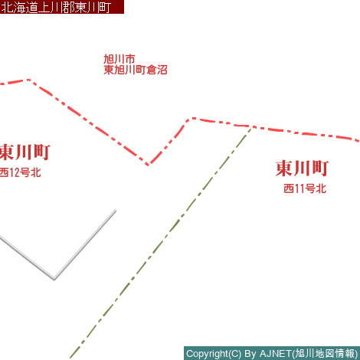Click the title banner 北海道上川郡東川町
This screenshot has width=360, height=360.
(62, 7)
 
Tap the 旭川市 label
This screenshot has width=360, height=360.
(119, 59)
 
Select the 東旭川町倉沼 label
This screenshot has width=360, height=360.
(136, 70)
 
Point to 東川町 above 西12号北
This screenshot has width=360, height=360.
(25, 152)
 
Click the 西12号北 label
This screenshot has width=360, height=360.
(20, 172)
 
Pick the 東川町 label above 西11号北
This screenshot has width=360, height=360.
(302, 169)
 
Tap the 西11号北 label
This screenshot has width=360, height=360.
(305, 188)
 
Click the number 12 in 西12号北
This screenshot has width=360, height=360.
(15, 172)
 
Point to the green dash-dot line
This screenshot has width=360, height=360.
(161, 244)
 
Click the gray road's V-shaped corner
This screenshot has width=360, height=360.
(54, 279)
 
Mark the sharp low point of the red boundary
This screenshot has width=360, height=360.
(148, 165)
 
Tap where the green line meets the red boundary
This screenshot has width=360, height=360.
(251, 127)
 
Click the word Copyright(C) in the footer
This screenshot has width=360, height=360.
(214, 354)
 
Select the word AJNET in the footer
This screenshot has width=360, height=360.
(276, 354)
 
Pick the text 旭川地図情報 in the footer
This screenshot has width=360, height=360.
(325, 354)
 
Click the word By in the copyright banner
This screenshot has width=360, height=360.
(250, 354)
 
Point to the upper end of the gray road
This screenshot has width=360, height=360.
(116, 211)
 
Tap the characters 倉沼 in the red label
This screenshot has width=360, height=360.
(157, 70)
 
